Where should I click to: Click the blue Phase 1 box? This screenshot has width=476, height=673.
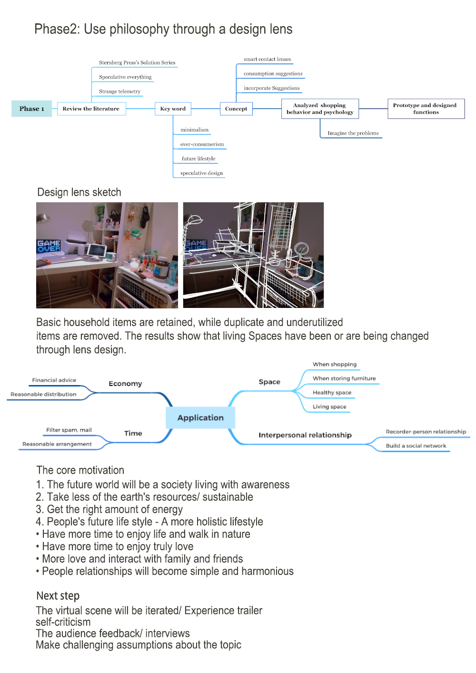point(31,109)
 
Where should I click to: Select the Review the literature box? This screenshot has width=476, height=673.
point(91,109)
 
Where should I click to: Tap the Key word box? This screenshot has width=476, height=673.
point(173,109)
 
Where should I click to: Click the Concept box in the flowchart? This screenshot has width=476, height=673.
point(236,109)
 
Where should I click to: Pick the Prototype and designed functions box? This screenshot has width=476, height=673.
point(425,109)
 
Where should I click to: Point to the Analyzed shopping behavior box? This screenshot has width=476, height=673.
point(320,109)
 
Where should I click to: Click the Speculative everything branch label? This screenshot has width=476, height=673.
point(125,77)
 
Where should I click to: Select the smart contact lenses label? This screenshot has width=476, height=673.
point(267,59)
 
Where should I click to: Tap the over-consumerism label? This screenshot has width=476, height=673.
point(202,144)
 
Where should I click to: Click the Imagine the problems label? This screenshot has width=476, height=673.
point(353,133)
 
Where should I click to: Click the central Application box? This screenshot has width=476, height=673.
point(200,417)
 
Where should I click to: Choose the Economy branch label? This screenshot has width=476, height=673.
point(125,384)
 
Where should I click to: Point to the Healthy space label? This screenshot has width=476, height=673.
point(332,393)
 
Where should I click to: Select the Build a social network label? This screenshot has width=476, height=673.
point(416,446)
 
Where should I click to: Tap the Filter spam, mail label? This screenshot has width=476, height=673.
point(69,430)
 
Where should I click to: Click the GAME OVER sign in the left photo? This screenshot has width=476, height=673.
point(49,246)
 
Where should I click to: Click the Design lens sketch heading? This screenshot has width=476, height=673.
point(79,192)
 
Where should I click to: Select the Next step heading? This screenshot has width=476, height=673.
point(58,596)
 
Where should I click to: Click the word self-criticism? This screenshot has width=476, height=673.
point(63,622)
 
